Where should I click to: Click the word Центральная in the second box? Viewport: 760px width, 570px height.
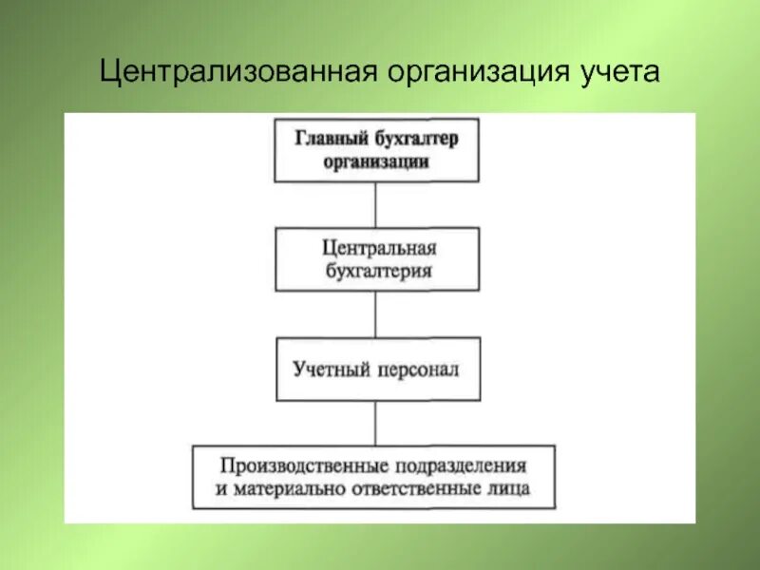(x=377, y=249)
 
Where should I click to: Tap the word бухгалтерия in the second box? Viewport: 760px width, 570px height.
(x=377, y=270)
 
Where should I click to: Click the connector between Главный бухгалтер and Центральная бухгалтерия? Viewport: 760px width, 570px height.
(x=376, y=204)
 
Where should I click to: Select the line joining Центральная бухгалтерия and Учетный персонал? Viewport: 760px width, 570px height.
(x=376, y=313)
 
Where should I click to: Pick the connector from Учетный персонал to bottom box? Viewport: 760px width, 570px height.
(x=376, y=423)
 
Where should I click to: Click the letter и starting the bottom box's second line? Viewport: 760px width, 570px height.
(x=220, y=491)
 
